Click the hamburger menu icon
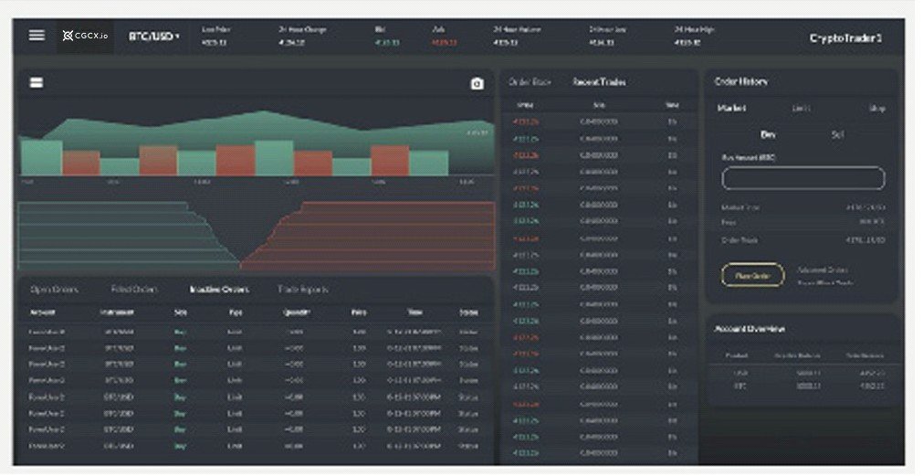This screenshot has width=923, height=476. tap(37, 36)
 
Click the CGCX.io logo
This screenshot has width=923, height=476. tap(85, 37)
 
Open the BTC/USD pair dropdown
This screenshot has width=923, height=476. tap(153, 37)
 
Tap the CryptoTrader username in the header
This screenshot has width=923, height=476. tap(845, 38)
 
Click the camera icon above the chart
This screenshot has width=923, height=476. tap(477, 84)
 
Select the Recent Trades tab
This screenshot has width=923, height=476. tap(599, 82)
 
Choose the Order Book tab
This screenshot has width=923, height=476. tap(530, 82)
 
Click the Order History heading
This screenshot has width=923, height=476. tap(740, 82)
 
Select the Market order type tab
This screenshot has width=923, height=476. tap(731, 108)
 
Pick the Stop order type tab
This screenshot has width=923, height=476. tap(876, 109)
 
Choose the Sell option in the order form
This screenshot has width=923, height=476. tap(837, 134)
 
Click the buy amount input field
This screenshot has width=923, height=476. tap(802, 178)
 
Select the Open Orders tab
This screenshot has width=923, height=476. tap(54, 290)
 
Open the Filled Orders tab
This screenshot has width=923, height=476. tap(134, 290)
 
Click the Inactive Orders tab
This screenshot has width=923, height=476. tap(218, 290)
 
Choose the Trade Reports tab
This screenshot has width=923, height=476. tap(303, 290)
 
